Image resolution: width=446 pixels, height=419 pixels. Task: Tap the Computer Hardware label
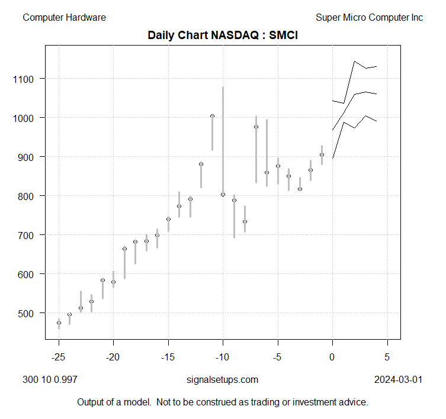(64, 18)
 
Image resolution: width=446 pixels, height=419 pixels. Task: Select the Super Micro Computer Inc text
(369, 18)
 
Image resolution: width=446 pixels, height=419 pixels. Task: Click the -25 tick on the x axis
(58, 357)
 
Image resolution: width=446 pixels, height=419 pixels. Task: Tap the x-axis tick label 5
(387, 357)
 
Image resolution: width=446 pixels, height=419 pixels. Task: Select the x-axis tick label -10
(223, 357)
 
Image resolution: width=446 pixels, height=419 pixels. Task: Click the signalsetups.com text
(222, 379)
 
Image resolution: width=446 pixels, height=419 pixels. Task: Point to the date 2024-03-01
(398, 379)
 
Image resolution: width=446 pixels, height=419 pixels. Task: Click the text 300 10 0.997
(50, 379)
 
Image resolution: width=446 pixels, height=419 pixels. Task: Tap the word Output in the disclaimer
(91, 402)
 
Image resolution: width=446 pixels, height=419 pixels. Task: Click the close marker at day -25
(59, 323)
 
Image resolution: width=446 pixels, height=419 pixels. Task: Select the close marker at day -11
(212, 116)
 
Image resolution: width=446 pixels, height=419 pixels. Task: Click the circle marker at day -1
(322, 155)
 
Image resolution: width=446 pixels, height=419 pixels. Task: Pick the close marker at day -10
(223, 195)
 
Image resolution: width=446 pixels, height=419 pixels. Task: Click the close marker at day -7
(256, 127)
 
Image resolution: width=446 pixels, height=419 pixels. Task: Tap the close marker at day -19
(124, 249)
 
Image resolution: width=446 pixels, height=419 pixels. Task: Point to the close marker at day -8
(245, 221)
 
